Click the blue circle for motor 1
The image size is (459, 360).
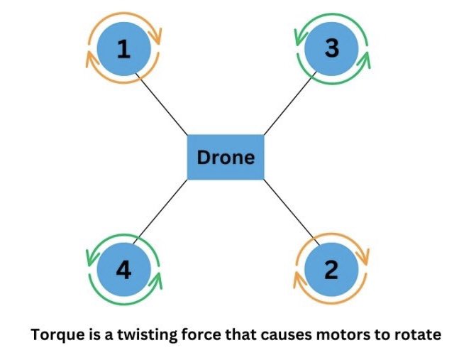pos(123,49)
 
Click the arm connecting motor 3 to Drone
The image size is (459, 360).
pos(288,107)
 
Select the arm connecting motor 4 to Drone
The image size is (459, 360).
pos(161,211)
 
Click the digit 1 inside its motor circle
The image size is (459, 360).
pos(123,49)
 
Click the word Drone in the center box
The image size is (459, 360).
pos(226,156)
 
